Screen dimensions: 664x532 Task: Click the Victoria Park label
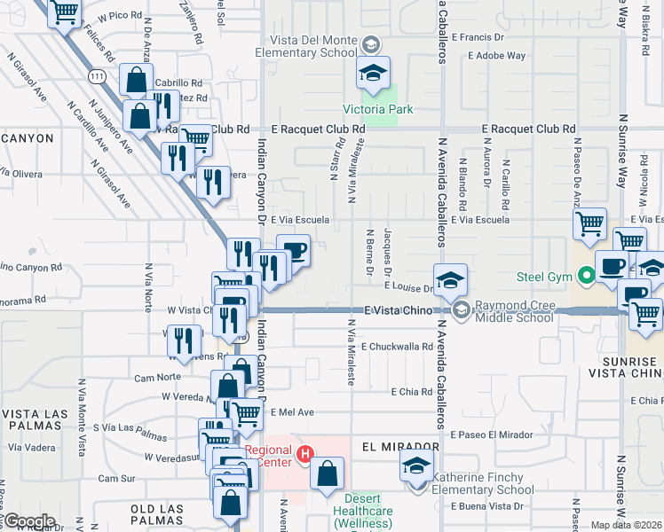point(379,111)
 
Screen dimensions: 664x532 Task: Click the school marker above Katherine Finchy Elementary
point(415,465)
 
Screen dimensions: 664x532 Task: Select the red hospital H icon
point(305,455)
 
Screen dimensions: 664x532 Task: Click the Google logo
point(29,520)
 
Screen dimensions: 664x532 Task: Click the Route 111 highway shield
point(98,78)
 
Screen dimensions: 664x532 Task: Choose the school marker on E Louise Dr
point(450,279)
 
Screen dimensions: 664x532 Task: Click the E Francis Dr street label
point(478,37)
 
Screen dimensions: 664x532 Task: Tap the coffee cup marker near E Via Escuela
point(293,251)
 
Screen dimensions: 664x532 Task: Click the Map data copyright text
point(627,525)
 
